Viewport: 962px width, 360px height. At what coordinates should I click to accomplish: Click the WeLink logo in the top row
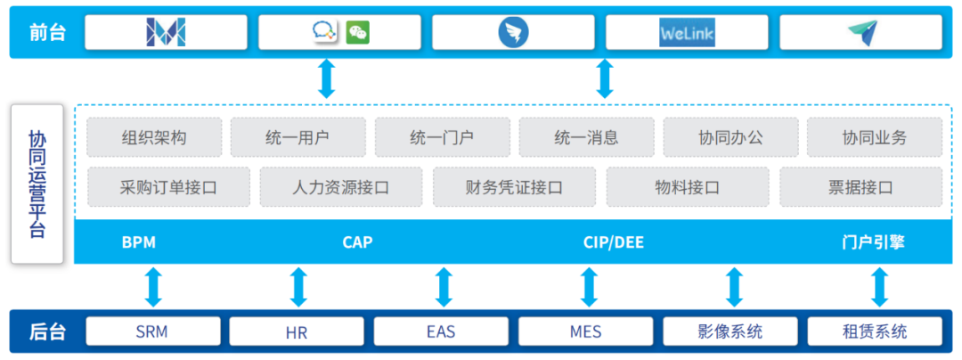pos(687,33)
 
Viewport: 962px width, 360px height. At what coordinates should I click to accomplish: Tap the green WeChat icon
pos(358,33)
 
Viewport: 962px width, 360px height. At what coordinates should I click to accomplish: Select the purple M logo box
pos(166,33)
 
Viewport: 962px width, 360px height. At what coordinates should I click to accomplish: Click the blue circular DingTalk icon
pos(513,33)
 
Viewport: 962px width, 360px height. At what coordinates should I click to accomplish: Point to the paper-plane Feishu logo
pos(860,33)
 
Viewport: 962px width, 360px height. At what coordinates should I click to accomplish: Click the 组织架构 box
pos(154,137)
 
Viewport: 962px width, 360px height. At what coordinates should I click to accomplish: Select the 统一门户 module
pos(442,137)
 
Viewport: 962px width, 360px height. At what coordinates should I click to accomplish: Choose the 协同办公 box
pos(730,137)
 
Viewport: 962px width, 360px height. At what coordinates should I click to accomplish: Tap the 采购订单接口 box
pos(168,187)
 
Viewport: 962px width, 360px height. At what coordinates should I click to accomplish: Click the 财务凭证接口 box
pos(514,187)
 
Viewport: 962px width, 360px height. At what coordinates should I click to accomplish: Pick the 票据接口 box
pos(860,187)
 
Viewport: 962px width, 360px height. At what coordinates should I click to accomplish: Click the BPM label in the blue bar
pos(139,242)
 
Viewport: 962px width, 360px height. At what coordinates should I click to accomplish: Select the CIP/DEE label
pos(613,242)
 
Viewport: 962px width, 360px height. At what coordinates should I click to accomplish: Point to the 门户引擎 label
pos(873,242)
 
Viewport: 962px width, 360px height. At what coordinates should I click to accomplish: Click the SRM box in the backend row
pos(152,332)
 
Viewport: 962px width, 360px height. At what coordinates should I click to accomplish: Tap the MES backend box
pos(585,332)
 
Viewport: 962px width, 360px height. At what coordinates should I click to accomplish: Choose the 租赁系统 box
pos(874,332)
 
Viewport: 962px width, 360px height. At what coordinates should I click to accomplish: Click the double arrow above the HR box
pos(298,287)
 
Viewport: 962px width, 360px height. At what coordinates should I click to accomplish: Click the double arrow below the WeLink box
pos(605,78)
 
